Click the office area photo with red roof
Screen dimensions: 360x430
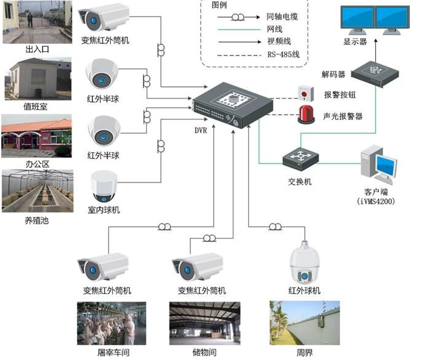36,136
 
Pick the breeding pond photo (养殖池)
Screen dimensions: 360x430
36,192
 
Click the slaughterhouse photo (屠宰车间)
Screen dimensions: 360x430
111,323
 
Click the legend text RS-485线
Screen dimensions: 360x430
283,54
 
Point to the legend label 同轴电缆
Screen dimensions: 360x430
283,17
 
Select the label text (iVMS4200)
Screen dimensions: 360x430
376,201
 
